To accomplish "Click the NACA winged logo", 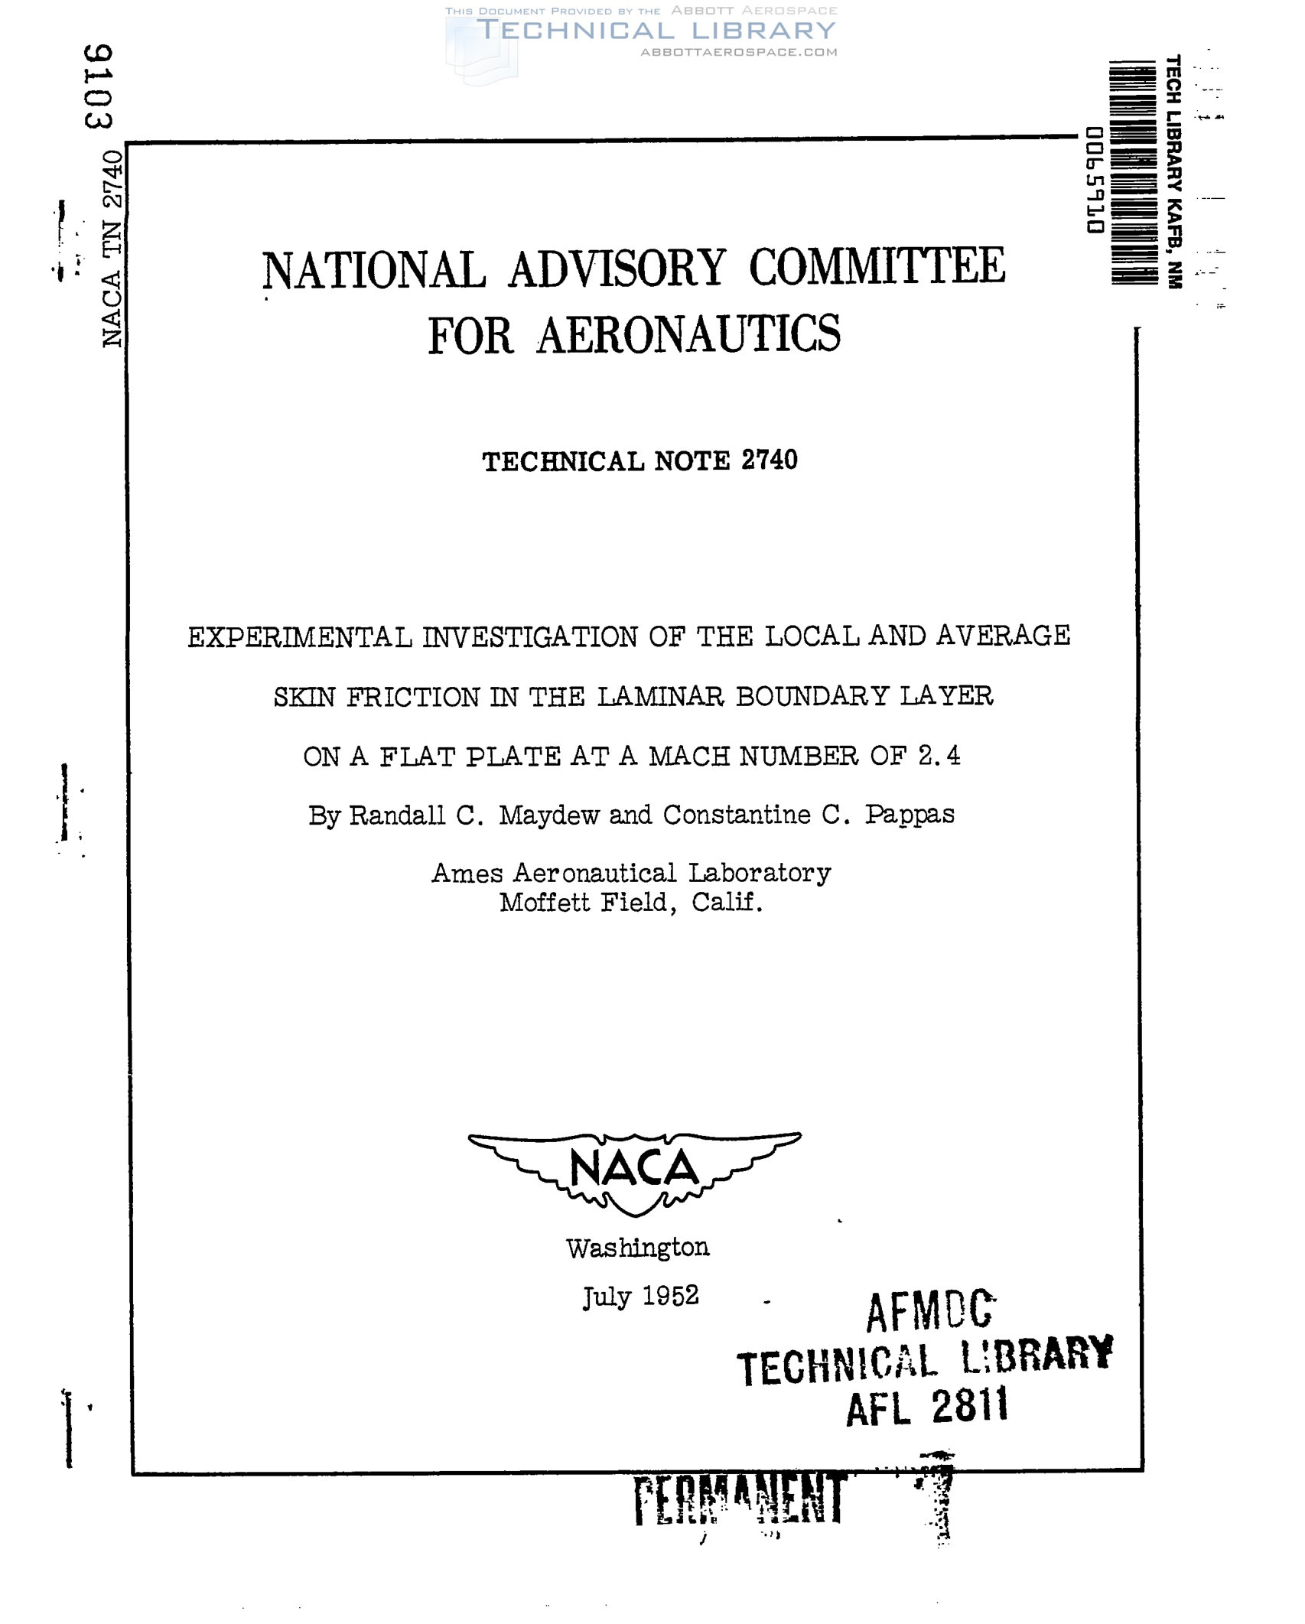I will coord(634,1173).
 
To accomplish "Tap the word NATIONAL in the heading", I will coord(373,271).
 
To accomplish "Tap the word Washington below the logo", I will coord(637,1248).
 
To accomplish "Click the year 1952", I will coord(670,1296).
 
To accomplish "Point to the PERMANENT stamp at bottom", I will coord(740,1499).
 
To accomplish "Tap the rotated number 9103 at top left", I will coord(99,86).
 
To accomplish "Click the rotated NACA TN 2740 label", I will coord(112,249).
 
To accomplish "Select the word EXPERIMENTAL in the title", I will coord(299,636).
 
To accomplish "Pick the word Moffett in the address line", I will coord(544,903).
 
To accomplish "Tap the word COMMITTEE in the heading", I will coord(877,268).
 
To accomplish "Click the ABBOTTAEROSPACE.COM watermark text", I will coord(738,52).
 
